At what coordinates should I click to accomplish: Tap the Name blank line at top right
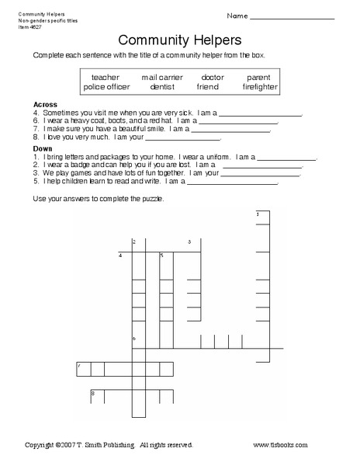click(303, 17)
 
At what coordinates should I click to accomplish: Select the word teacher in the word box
click(106, 78)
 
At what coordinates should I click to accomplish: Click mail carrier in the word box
click(162, 78)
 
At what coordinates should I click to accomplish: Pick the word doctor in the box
click(212, 78)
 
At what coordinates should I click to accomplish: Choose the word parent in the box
click(258, 78)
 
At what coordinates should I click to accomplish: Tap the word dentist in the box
click(162, 87)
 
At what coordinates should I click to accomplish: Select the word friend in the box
click(208, 87)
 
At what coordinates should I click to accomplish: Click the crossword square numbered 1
click(261, 217)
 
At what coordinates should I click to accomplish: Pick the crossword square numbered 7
click(84, 369)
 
